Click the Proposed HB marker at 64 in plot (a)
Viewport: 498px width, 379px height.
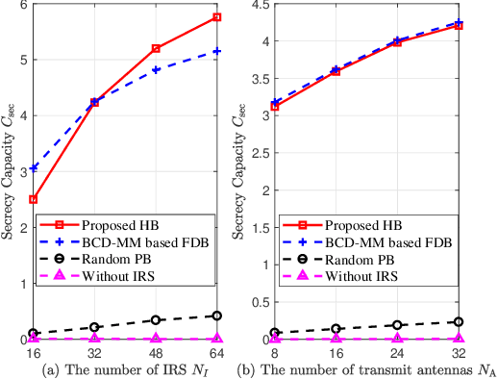[x=217, y=17]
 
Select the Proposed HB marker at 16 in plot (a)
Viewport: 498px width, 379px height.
[x=34, y=199]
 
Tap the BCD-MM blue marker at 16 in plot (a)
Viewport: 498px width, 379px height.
[x=34, y=167]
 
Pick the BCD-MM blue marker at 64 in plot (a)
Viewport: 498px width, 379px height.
[x=217, y=51]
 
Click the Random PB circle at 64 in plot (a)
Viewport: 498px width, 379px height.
[x=217, y=316]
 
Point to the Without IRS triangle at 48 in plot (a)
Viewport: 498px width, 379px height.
[x=156, y=339]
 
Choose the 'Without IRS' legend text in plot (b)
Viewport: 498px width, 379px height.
[x=404, y=276]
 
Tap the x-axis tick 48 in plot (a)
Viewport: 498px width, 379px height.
[x=156, y=352]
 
